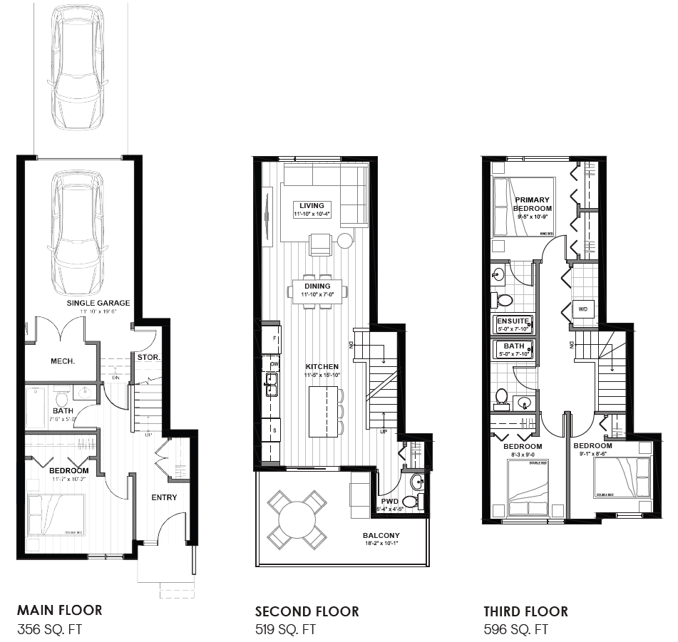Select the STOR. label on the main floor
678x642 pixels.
click(148, 357)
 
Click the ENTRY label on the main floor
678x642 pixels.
click(164, 497)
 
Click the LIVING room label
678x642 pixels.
click(312, 206)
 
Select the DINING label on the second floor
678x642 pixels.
click(317, 286)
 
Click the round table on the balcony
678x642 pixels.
click(297, 519)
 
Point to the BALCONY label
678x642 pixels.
click(381, 535)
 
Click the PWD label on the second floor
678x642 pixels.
click(389, 501)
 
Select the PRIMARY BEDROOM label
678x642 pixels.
click(533, 204)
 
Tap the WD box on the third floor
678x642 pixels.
click(582, 309)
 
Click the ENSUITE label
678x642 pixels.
click(513, 321)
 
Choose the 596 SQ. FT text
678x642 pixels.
click(516, 629)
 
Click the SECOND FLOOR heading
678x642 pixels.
click(307, 611)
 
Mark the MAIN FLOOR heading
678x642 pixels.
click(60, 610)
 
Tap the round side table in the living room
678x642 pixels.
click(345, 240)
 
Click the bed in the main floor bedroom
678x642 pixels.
click(56, 514)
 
